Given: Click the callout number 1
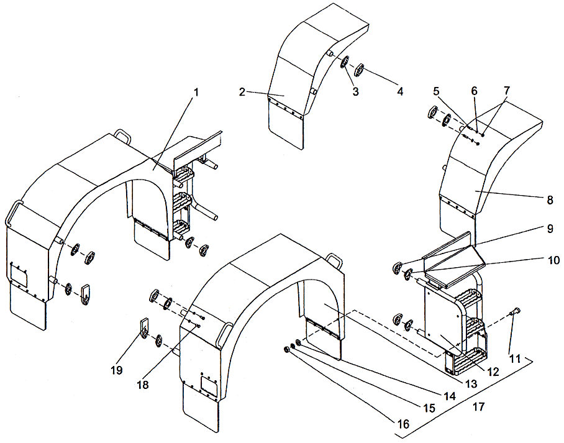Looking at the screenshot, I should click(x=196, y=91).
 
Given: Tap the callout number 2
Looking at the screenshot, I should click(x=242, y=92).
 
